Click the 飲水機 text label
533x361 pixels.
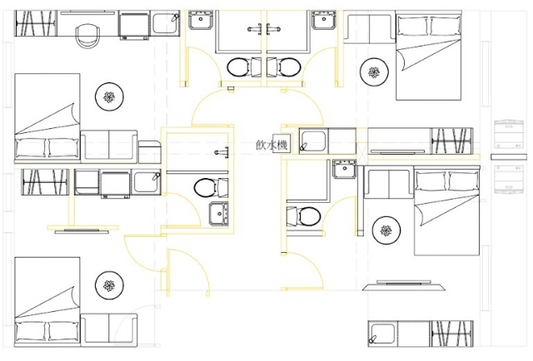tap(272, 146)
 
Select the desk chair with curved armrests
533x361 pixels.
tap(87, 36)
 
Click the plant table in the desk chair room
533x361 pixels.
tap(109, 96)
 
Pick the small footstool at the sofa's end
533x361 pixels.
tap(149, 152)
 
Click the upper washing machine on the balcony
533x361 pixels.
tap(508, 134)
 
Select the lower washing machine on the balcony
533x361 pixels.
tap(508, 179)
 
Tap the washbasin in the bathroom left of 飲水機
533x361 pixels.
tap(218, 213)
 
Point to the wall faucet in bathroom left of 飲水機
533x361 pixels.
tap(222, 152)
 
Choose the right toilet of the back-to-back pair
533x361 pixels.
tap(284, 67)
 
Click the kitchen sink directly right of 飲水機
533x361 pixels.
tap(313, 141)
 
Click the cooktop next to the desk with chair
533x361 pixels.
tap(135, 25)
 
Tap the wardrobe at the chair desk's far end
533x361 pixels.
tap(36, 23)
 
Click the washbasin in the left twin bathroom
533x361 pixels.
tap(200, 20)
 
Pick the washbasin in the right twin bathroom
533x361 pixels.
tap(324, 20)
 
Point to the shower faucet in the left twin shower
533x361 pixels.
tap(255, 29)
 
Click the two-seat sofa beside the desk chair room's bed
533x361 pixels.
tap(109, 146)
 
